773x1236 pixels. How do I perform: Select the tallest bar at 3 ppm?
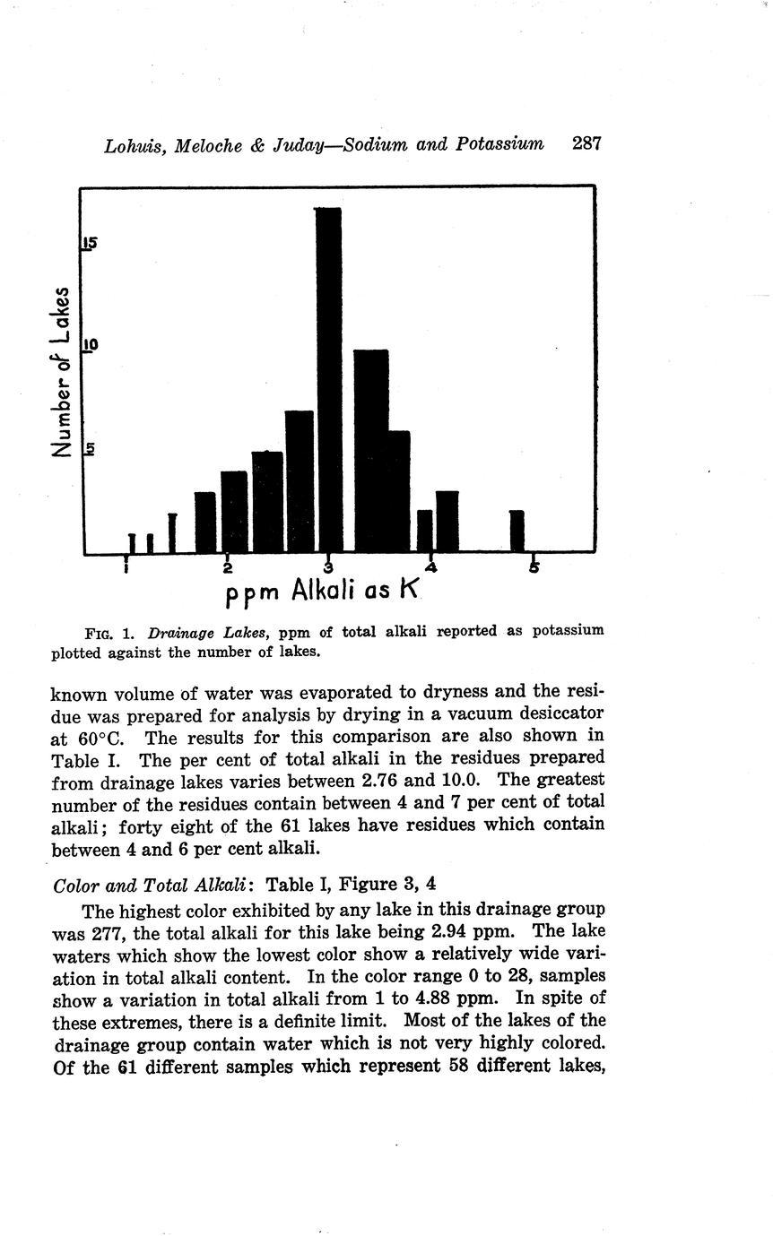328,380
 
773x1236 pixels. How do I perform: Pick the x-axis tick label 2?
228,568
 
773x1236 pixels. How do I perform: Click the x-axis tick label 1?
127,568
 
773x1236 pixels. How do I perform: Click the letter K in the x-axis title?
409,592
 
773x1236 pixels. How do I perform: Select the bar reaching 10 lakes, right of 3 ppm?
370,451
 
